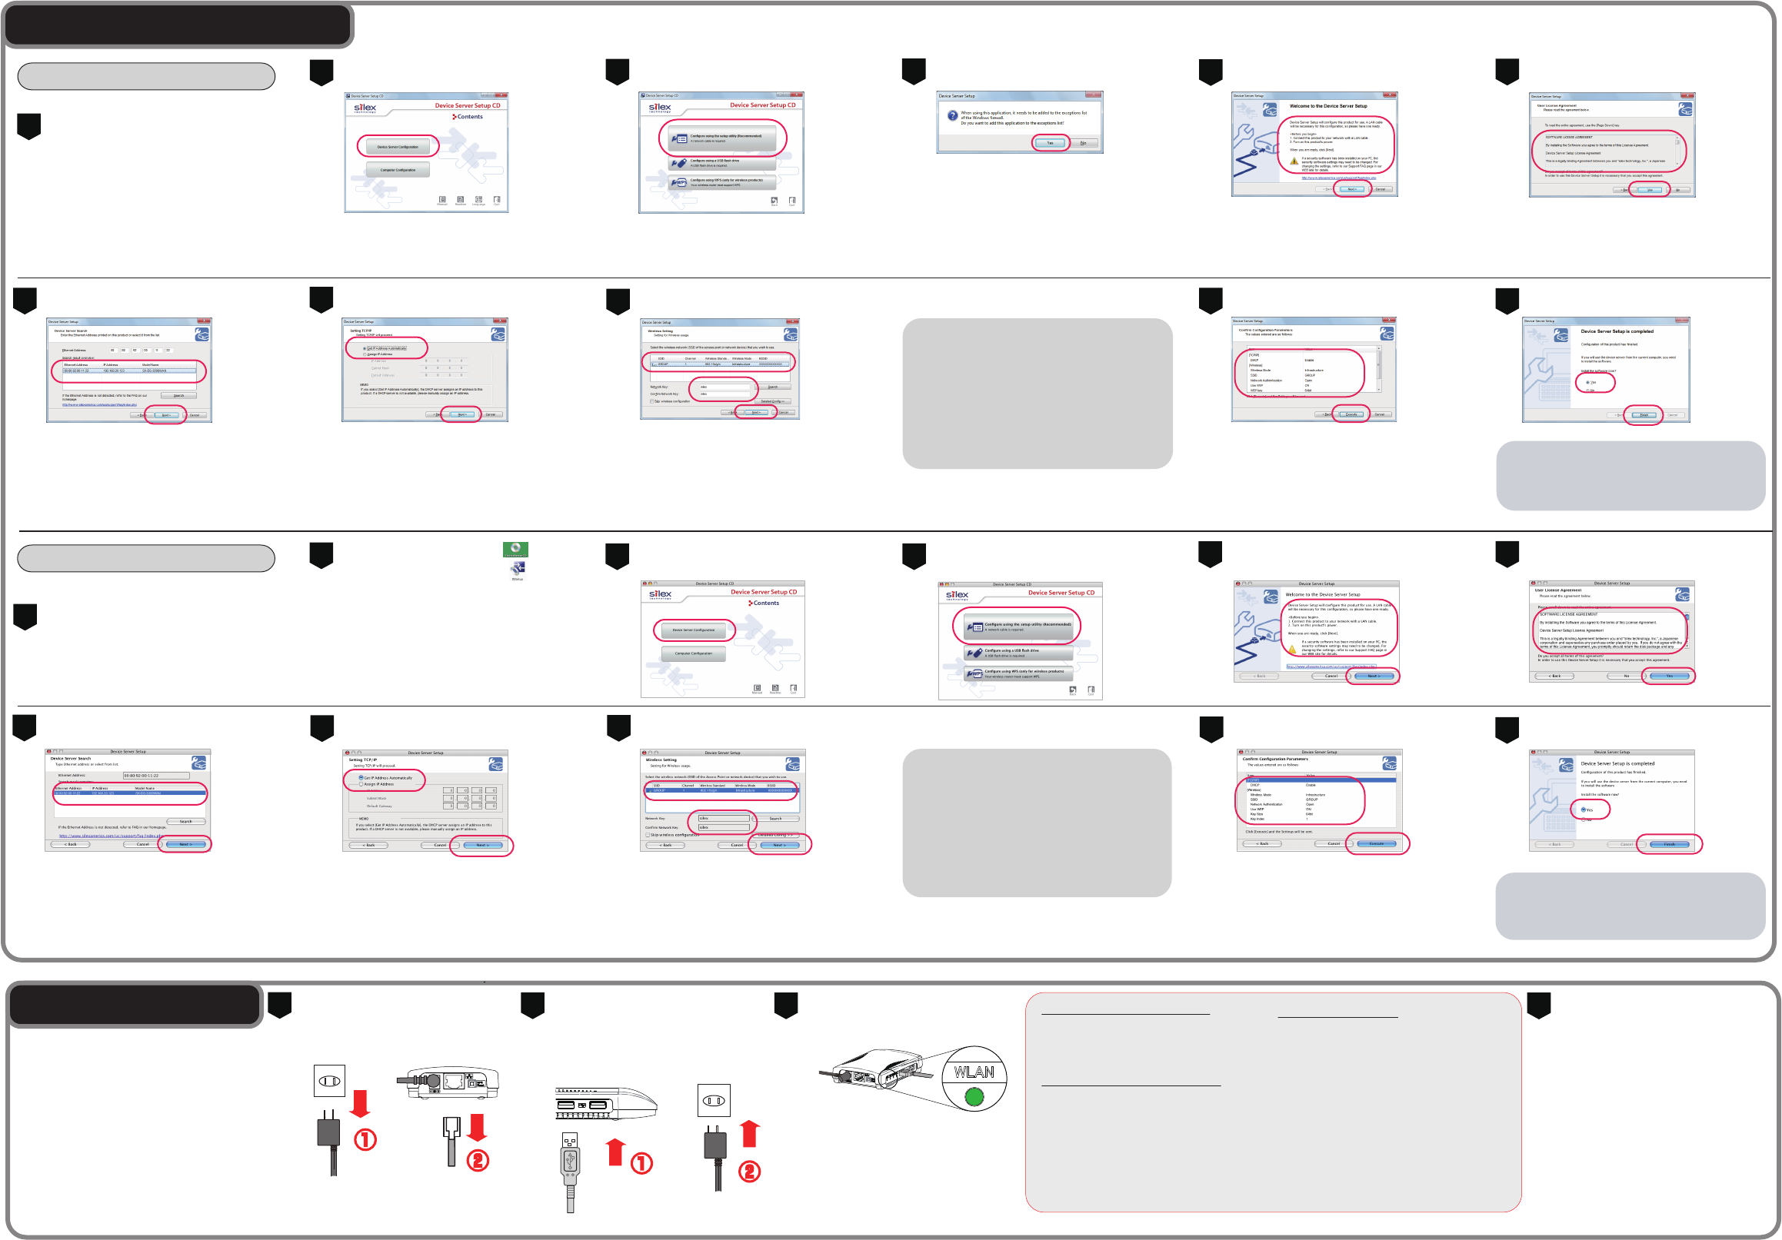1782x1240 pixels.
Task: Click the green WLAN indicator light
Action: click(x=974, y=1096)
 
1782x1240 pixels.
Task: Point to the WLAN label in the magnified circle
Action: click(x=974, y=1072)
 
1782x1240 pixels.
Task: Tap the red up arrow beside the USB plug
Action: click(x=615, y=1152)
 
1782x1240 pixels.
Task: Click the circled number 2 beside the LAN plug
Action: click(x=478, y=1160)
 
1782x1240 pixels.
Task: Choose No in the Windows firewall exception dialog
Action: click(x=1083, y=143)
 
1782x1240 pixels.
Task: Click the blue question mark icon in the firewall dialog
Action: click(x=952, y=115)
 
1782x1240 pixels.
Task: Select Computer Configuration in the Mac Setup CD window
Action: click(x=693, y=653)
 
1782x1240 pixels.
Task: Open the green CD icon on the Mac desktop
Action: click(x=515, y=549)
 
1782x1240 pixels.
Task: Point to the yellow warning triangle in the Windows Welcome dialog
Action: click(x=1294, y=161)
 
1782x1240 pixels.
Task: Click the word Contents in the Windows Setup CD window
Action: click(x=470, y=116)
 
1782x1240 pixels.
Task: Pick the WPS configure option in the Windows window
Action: click(x=722, y=182)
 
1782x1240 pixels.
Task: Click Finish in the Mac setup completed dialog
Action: click(x=1669, y=844)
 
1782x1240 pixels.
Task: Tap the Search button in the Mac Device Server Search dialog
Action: click(x=185, y=821)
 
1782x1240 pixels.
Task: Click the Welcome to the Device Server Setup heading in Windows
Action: click(x=1328, y=106)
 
